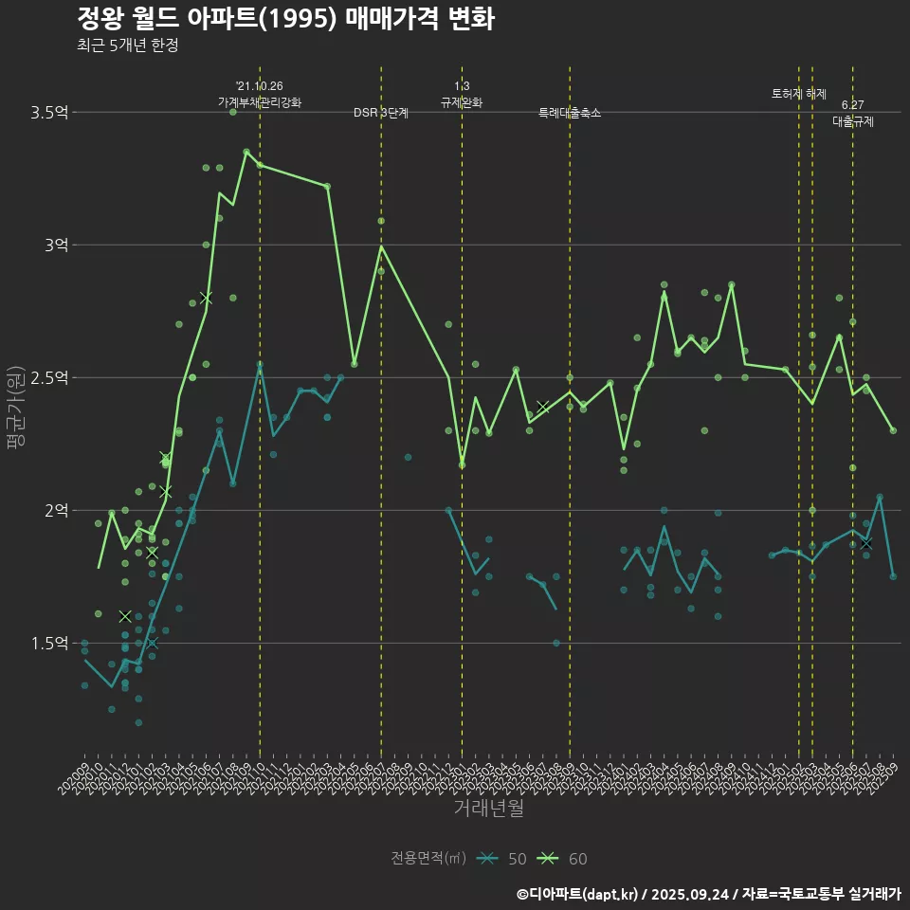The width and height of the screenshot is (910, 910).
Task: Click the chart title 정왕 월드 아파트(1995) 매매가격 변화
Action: click(x=284, y=19)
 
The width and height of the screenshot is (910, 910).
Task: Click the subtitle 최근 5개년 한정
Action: click(x=128, y=45)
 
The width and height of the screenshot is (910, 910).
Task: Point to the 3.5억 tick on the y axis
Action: click(x=49, y=113)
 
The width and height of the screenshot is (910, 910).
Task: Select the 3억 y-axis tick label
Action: click(x=56, y=245)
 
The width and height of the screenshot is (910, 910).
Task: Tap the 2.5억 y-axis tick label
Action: click(x=49, y=377)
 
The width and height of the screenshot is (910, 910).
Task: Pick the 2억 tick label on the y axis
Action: click(x=56, y=510)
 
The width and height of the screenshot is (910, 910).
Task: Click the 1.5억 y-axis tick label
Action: click(x=49, y=643)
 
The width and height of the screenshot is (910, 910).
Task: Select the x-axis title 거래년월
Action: click(x=488, y=809)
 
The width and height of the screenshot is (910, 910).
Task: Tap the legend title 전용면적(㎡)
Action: click(x=428, y=859)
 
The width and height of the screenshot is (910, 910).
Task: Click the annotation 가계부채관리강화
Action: click(x=260, y=102)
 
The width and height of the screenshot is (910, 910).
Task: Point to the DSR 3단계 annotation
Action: click(x=381, y=113)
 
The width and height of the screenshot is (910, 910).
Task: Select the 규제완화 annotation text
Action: click(x=462, y=102)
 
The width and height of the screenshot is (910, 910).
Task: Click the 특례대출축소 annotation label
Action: click(x=570, y=113)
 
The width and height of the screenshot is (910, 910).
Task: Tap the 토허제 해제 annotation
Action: click(x=799, y=94)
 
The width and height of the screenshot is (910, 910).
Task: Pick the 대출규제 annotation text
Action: click(x=853, y=121)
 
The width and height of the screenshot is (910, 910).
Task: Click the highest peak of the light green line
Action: click(x=246, y=151)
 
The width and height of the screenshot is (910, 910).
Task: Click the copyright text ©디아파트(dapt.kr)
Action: click(x=579, y=894)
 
